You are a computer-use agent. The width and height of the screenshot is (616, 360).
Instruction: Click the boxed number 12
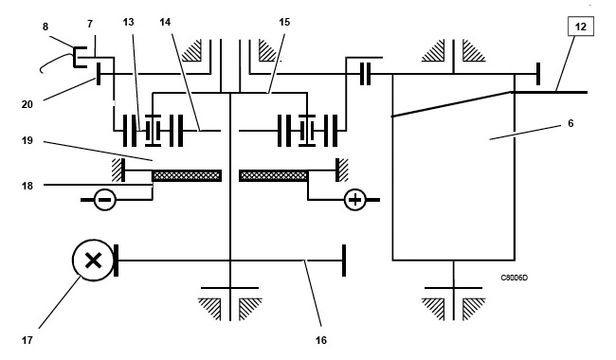tap(580, 27)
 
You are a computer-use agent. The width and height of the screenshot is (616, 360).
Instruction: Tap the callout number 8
tap(45, 27)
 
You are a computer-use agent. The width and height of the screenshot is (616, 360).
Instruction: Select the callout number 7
tap(90, 25)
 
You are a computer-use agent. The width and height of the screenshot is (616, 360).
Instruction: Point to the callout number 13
tap(129, 22)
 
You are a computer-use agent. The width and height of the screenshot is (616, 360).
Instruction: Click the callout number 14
tap(165, 22)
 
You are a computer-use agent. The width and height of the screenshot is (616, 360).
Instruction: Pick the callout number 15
tap(284, 22)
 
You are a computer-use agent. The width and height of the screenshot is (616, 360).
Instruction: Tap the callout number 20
tap(27, 104)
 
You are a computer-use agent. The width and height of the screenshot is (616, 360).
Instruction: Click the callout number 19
tap(27, 140)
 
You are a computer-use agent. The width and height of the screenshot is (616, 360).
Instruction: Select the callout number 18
tap(27, 186)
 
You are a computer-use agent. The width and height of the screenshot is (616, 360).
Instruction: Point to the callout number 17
tap(27, 340)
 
